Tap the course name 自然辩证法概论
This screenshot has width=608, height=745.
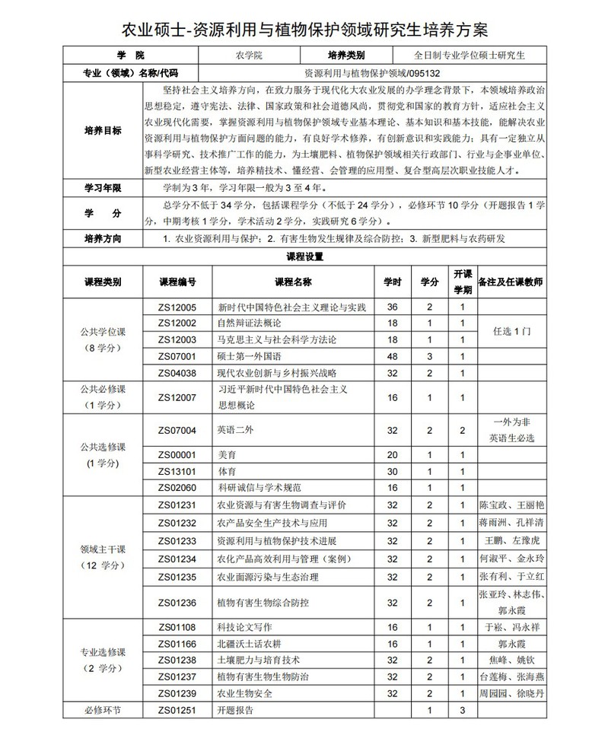coord(250,323)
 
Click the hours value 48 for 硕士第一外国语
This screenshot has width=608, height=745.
coord(392,355)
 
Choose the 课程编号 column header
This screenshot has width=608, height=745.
coord(177,281)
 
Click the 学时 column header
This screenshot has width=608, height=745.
coord(392,281)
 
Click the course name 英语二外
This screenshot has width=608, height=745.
coord(231,430)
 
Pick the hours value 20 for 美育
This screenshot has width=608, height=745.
coord(392,454)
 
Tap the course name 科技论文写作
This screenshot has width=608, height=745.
coord(245,627)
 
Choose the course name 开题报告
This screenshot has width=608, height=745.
coord(236,710)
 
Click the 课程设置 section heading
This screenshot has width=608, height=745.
coord(304,256)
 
